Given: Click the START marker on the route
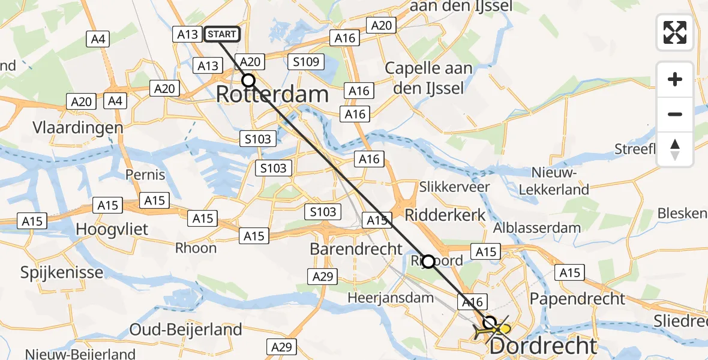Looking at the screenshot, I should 221,34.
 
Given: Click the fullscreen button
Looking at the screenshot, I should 675,32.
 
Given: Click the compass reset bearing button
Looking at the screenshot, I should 675,149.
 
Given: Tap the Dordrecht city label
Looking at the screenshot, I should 544,346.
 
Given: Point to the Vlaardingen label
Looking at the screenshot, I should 79,127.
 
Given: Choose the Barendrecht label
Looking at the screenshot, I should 356,248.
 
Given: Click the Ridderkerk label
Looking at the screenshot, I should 445,215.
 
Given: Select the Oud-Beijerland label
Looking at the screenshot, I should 187,329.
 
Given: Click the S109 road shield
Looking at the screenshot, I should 306,61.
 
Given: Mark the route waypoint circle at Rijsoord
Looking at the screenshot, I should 428,261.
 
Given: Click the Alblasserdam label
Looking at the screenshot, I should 536,227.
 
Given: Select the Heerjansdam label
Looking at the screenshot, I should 391,298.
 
